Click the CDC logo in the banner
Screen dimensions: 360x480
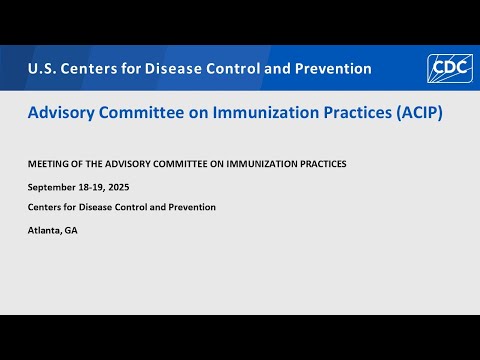[449, 68]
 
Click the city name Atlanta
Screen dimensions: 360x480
[46, 230]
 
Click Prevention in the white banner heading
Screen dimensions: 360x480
[329, 69]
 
